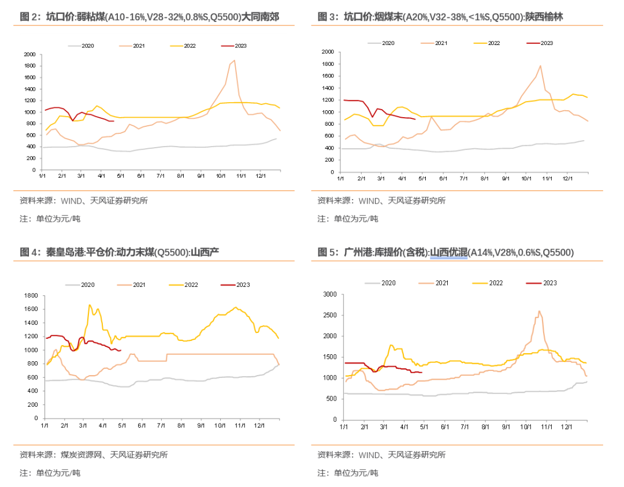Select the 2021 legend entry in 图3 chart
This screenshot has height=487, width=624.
click(440, 43)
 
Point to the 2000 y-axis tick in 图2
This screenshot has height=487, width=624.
click(29, 55)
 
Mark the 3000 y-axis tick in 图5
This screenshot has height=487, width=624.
click(330, 294)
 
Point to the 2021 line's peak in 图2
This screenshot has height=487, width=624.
click(234, 60)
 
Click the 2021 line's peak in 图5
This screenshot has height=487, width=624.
click(539, 312)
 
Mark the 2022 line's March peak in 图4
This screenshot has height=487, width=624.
click(90, 305)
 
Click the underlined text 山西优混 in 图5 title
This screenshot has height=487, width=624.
click(448, 252)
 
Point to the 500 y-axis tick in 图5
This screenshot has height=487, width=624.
click(332, 399)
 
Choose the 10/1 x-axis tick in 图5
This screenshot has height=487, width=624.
click(526, 427)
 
